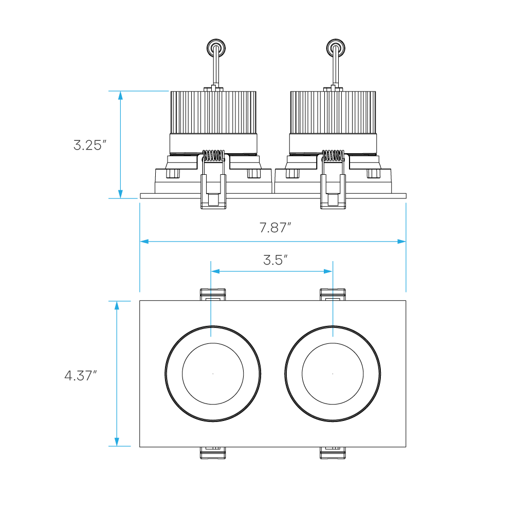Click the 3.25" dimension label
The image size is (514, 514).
[89, 145]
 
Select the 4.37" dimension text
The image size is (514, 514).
[80, 376]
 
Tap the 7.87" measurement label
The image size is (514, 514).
[275, 228]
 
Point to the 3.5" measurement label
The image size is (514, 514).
[275, 260]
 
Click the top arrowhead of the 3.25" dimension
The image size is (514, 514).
[120, 96]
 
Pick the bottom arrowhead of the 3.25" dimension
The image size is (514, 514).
[120, 194]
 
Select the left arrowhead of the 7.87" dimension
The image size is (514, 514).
[144, 241]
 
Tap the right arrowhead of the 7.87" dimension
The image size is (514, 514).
[401, 241]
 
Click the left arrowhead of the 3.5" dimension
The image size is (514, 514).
[215, 271]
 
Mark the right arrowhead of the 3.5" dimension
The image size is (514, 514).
[328, 271]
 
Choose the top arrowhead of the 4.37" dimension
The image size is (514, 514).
[117, 306]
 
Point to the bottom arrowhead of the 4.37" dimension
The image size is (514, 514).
[117, 442]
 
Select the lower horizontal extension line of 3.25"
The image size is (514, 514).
[123, 198]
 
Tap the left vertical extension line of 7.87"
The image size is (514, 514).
[140, 267]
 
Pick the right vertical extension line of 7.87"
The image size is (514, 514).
[406, 267]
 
